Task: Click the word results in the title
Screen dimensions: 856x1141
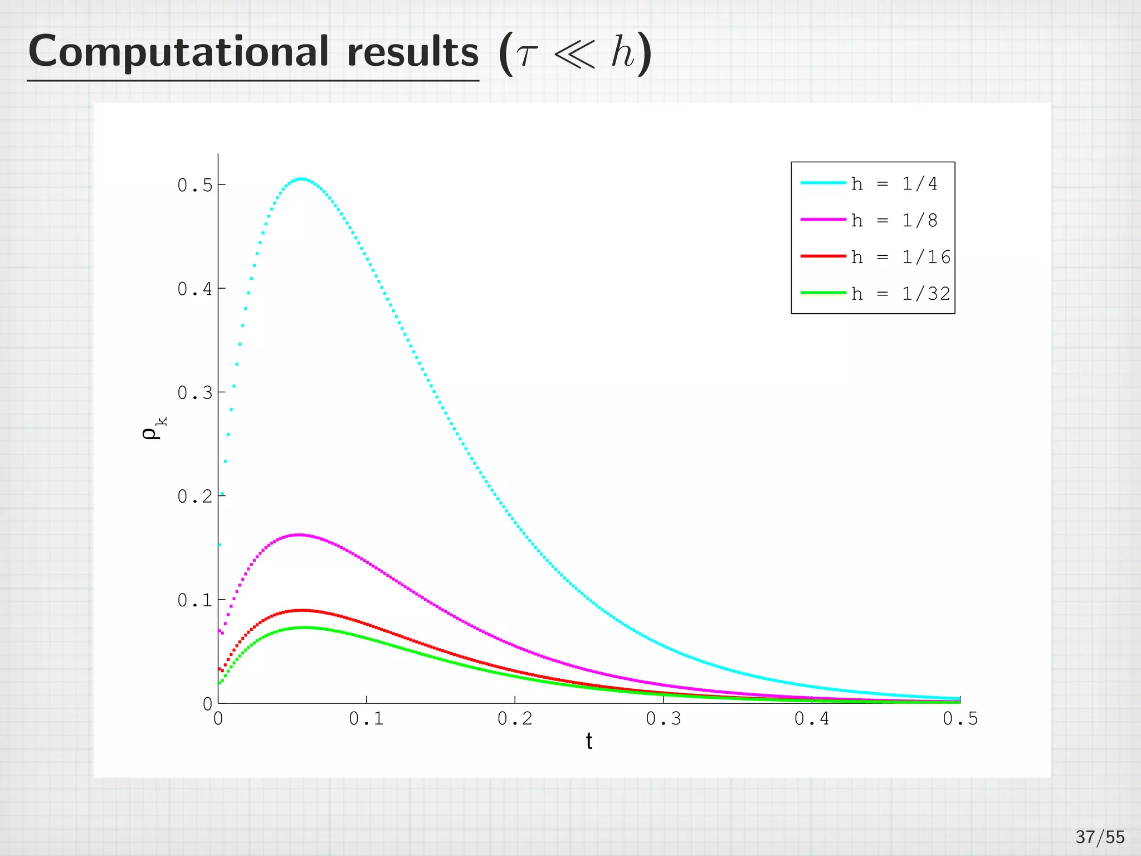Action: tap(412, 52)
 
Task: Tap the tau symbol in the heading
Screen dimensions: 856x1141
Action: tap(524, 56)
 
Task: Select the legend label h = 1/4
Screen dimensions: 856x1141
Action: tap(894, 184)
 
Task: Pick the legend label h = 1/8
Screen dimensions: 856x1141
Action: tap(894, 221)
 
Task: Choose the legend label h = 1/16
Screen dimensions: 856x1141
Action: tap(900, 257)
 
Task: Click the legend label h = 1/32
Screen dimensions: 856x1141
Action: tap(900, 294)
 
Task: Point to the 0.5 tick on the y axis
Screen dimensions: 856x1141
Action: tap(195, 185)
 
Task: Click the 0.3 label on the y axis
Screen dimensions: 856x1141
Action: tap(195, 393)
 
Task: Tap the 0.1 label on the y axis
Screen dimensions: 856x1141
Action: tap(195, 600)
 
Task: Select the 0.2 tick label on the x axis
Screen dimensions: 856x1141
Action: tap(515, 719)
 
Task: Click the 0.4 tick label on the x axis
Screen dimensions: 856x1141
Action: tap(812, 719)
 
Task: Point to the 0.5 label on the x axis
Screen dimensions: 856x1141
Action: tap(960, 719)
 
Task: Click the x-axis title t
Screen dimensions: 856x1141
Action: tap(589, 742)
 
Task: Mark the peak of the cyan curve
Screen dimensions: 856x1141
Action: tap(301, 179)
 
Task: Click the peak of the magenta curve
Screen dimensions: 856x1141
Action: tap(299, 534)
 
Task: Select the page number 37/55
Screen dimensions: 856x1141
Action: tap(1100, 837)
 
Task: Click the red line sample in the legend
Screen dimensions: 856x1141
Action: tap(823, 256)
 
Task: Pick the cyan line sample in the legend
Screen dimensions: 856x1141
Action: tap(823, 183)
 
